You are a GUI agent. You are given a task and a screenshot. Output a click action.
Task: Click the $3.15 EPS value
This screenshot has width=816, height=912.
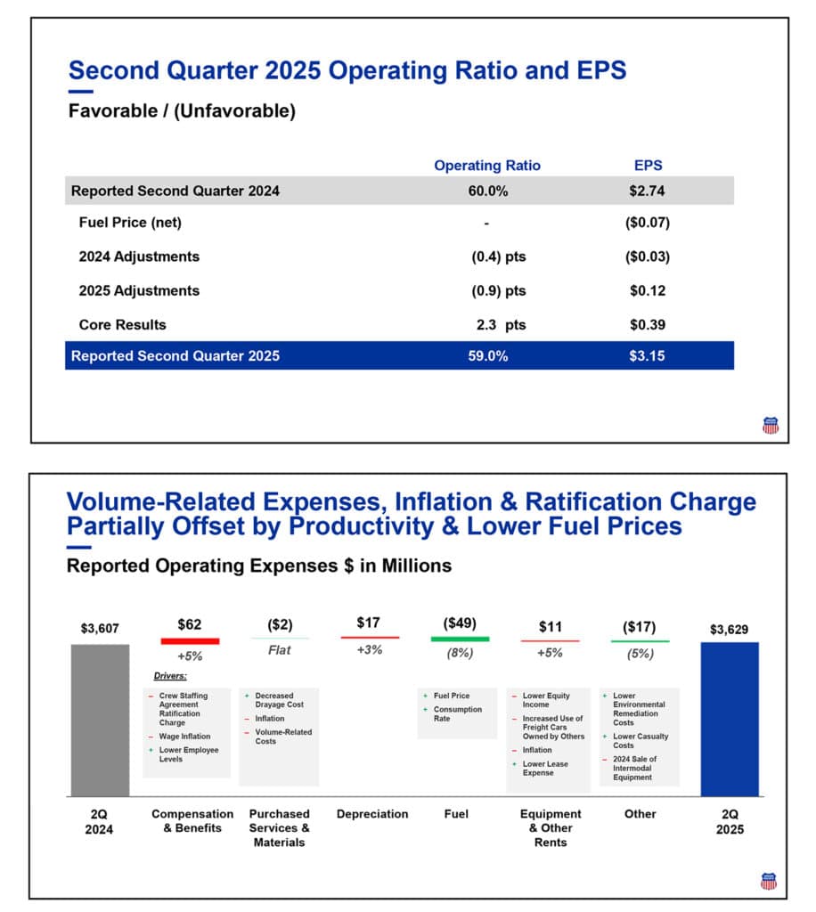pyautogui.click(x=648, y=356)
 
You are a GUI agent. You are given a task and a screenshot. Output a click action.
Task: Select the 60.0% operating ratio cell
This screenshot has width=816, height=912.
pyautogui.click(x=487, y=191)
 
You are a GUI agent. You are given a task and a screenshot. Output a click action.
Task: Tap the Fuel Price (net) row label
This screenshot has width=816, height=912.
pyautogui.click(x=130, y=224)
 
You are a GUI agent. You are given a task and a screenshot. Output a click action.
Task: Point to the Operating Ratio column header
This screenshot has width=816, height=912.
pyautogui.click(x=486, y=166)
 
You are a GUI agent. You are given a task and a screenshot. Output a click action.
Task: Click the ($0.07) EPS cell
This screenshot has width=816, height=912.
pyautogui.click(x=648, y=224)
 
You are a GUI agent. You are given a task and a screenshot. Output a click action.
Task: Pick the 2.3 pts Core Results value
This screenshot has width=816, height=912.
pyautogui.click(x=501, y=325)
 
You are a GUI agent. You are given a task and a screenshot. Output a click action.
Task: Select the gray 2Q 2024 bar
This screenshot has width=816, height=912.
pyautogui.click(x=100, y=720)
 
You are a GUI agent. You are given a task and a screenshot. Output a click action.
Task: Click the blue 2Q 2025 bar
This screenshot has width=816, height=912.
pyautogui.click(x=730, y=720)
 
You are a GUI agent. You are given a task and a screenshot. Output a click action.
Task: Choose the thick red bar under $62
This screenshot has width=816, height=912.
pyautogui.click(x=190, y=640)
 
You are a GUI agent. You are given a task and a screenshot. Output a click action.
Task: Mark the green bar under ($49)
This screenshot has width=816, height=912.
pyautogui.click(x=460, y=639)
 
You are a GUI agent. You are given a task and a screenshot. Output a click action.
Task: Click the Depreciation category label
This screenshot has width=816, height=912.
pyautogui.click(x=372, y=814)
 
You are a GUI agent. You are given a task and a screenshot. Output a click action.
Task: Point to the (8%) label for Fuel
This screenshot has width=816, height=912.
pyautogui.click(x=460, y=653)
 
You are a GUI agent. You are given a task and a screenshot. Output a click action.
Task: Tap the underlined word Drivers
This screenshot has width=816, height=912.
pyautogui.click(x=170, y=676)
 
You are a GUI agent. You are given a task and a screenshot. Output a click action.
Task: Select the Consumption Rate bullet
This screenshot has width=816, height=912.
pyautogui.click(x=458, y=714)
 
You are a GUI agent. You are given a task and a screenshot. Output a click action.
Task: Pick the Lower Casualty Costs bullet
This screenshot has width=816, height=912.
pyautogui.click(x=640, y=741)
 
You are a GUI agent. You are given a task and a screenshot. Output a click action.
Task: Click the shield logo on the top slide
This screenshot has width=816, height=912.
pyautogui.click(x=771, y=425)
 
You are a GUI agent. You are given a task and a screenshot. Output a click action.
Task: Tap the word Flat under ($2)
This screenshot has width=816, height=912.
pyautogui.click(x=280, y=650)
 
